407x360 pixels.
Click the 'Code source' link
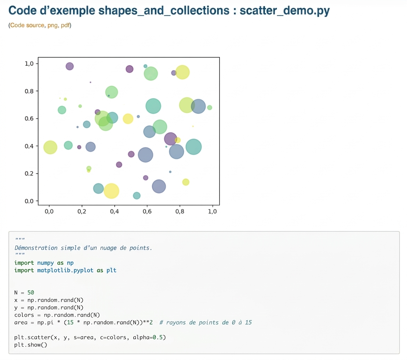point(27,25)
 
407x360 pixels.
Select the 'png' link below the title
point(52,25)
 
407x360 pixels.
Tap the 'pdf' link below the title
point(65,25)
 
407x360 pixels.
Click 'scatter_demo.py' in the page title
point(285,11)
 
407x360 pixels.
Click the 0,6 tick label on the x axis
point(147,211)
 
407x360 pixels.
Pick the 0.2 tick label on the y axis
point(29,173)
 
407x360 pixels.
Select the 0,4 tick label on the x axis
point(114,211)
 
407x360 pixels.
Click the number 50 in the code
point(31,292)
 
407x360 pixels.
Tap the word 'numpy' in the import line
point(45,263)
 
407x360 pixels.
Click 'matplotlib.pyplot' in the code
point(65,270)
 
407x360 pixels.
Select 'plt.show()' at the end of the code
point(31,345)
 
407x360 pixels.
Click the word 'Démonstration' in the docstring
point(36,248)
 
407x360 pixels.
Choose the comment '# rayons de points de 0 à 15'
point(206,323)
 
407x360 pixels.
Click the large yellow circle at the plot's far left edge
point(50,147)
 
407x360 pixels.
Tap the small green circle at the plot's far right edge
point(209,108)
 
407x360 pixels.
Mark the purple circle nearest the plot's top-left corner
point(70,66)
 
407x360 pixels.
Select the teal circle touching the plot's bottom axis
point(137,195)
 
